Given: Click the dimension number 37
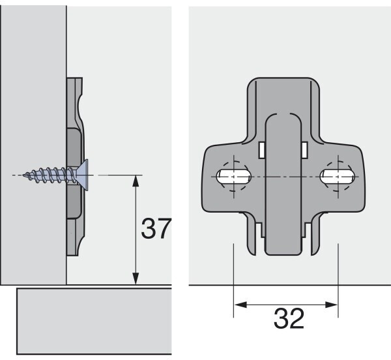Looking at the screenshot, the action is click(x=156, y=228).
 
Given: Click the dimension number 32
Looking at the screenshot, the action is click(x=289, y=318).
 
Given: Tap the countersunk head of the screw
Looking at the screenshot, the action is click(x=83, y=175).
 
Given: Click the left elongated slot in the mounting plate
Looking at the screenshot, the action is click(x=234, y=177).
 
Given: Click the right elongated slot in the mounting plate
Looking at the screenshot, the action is click(x=338, y=177).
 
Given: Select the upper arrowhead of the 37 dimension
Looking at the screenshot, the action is click(x=136, y=181).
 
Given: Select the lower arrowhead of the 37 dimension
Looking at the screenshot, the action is click(x=136, y=279).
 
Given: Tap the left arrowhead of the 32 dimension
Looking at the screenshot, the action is click(x=240, y=305).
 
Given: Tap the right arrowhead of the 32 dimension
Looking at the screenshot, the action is click(x=332, y=305).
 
